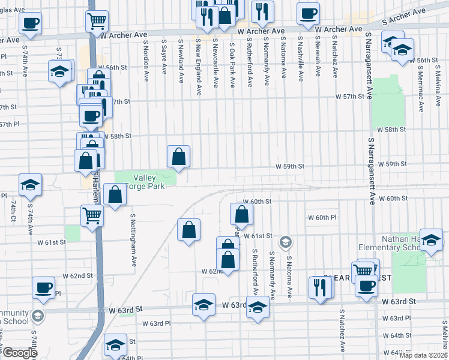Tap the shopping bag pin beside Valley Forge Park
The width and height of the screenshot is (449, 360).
click(x=178, y=157)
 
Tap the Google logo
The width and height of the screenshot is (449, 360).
click(x=19, y=353)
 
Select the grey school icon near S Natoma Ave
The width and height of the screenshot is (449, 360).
click(x=286, y=242)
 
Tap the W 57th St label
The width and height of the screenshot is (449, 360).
click(x=350, y=96)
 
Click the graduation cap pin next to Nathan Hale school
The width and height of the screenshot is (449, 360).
click(x=430, y=240)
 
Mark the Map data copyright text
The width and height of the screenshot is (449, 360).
click(x=423, y=355)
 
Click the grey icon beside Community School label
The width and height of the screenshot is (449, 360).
click(x=38, y=316)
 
